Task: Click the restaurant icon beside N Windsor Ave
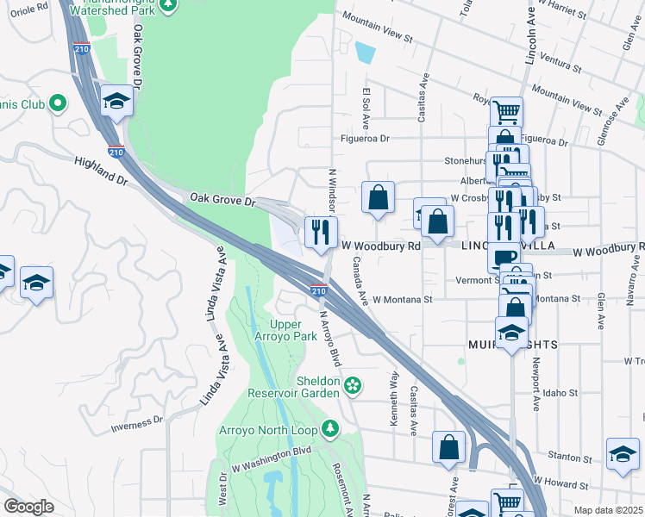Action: point(321,232)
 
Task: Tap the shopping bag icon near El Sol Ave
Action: point(378,197)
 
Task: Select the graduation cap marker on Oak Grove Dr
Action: point(117,101)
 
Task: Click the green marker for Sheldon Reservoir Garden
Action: point(352,384)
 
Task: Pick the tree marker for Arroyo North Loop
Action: point(329,428)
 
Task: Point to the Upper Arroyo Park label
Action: point(293,330)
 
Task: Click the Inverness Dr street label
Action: point(136,424)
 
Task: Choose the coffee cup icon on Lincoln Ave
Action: point(504,256)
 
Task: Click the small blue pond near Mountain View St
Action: point(366,52)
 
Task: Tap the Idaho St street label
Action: point(560,393)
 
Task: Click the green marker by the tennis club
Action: point(58,104)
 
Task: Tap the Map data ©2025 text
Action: point(608,510)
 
